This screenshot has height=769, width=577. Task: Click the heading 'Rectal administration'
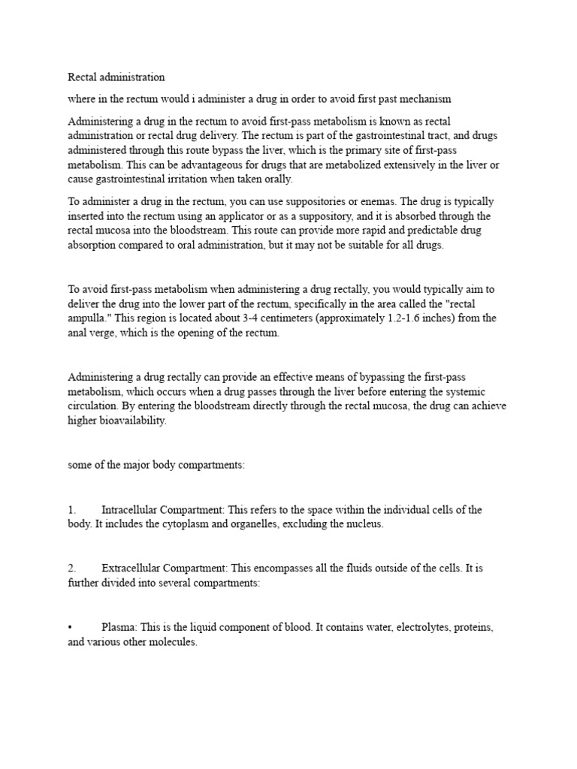(x=116, y=77)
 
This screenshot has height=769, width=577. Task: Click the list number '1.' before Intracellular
(x=72, y=510)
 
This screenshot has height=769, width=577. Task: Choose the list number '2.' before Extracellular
(x=72, y=568)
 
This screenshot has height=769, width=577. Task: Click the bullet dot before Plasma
(x=70, y=627)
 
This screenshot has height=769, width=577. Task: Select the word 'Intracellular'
(x=128, y=510)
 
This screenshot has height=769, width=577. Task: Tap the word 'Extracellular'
(x=129, y=568)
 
